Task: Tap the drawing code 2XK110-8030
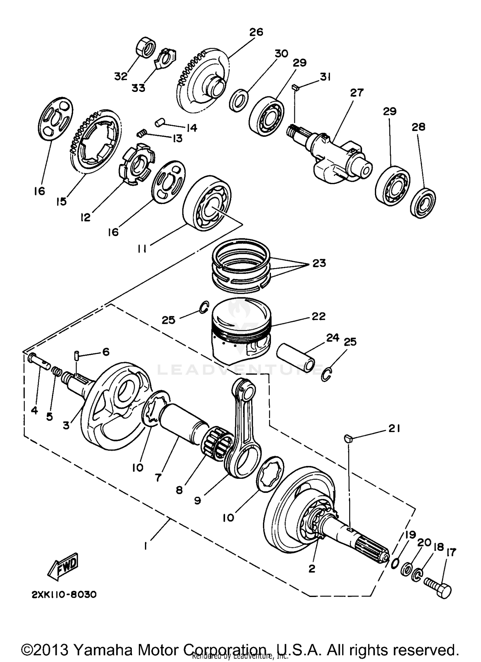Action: click(64, 595)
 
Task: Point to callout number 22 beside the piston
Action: click(318, 316)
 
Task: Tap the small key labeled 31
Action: click(295, 87)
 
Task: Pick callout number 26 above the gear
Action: click(256, 32)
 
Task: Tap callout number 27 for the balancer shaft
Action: click(357, 93)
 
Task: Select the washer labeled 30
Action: click(240, 101)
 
